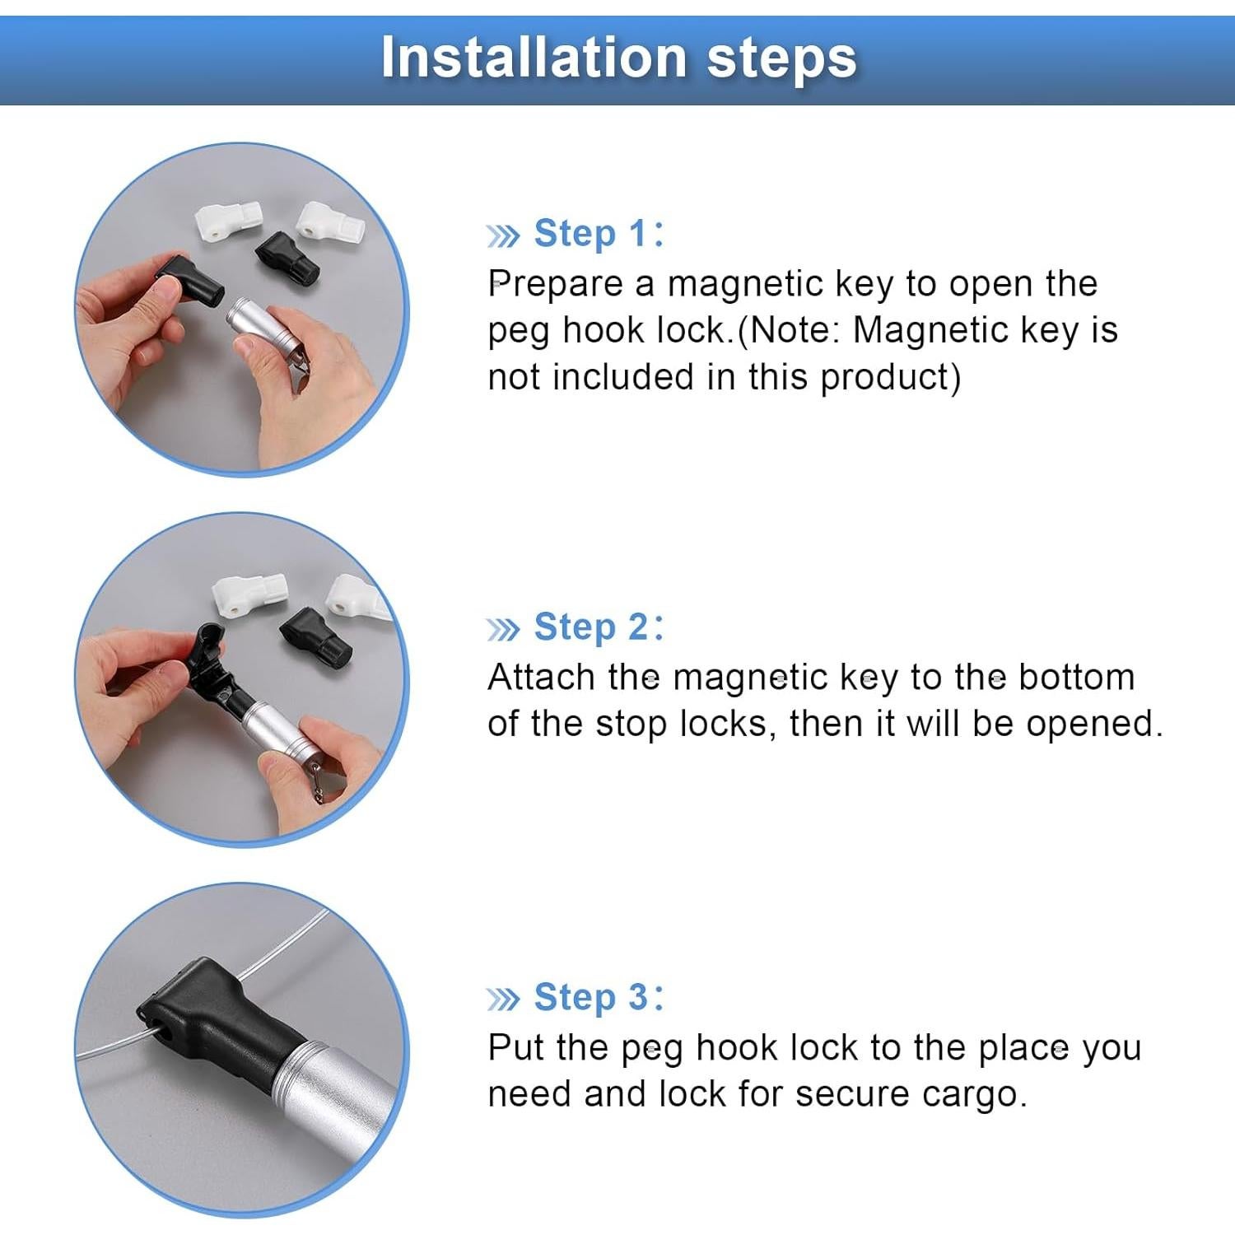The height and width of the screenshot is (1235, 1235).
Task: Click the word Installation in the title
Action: pyautogui.click(x=534, y=58)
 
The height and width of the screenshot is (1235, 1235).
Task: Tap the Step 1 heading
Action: pyautogui.click(x=598, y=233)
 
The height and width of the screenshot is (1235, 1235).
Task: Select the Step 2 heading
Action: pyautogui.click(x=598, y=627)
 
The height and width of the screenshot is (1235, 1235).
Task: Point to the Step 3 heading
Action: pyautogui.click(x=598, y=997)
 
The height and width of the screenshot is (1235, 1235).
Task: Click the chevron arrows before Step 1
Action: pyautogui.click(x=503, y=237)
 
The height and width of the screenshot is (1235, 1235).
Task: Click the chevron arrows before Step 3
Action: pyautogui.click(x=503, y=1000)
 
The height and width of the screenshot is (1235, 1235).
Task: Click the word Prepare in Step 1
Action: pyautogui.click(x=556, y=284)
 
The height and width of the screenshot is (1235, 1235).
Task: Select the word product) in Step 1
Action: pyautogui.click(x=891, y=378)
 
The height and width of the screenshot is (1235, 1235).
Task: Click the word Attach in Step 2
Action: pyautogui.click(x=541, y=678)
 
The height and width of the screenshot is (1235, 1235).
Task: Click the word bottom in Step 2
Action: pyautogui.click(x=1077, y=678)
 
